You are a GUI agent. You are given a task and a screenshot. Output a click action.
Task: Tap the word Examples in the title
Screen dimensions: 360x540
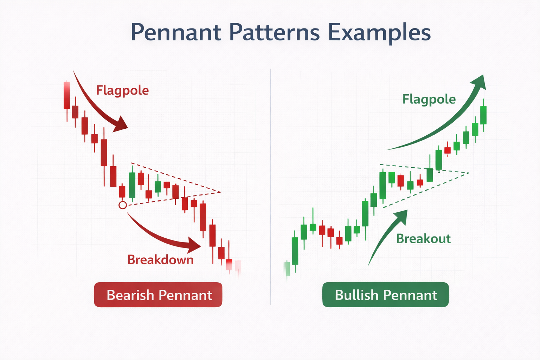click(379, 33)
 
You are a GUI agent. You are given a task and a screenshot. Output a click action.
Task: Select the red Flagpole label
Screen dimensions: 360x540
click(122, 90)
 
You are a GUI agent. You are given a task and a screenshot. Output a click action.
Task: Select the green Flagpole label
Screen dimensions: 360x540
click(429, 99)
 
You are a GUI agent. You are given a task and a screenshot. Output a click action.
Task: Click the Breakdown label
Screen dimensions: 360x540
click(160, 260)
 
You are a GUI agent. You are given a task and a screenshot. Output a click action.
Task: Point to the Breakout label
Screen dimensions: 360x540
click(423, 239)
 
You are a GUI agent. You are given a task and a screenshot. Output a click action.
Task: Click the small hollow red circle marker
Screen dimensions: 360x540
click(123, 205)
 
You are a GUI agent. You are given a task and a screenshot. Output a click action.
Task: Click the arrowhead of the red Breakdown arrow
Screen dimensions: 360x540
click(194, 245)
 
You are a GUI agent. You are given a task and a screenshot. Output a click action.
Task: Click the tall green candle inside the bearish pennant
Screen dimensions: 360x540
click(132, 185)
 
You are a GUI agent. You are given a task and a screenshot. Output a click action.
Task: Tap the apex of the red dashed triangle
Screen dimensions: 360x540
click(220, 192)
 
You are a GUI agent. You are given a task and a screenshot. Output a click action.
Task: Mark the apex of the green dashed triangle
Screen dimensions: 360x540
click(469, 173)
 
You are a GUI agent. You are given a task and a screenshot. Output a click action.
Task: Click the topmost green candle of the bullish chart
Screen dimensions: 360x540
click(483, 115)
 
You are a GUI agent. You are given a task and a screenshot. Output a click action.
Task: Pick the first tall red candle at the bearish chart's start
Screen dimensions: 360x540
click(66, 96)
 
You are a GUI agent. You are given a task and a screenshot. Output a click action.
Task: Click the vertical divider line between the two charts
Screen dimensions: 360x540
click(270, 186)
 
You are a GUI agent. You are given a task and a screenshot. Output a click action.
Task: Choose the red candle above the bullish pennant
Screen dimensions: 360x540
click(448, 150)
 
